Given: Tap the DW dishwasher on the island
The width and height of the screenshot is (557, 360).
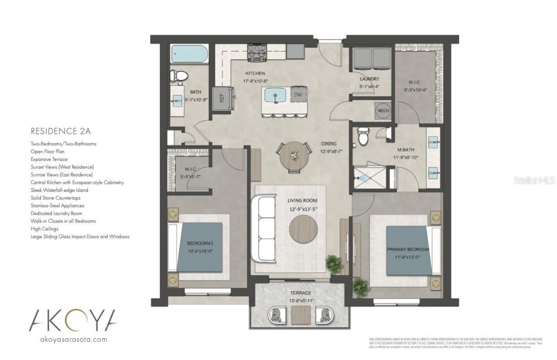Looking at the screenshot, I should point(297,95).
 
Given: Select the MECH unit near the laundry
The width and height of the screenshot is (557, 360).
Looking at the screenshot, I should point(383,111).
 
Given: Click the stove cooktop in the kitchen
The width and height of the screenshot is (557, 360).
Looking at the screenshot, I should point(257,53).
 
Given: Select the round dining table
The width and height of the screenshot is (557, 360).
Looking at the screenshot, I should point(294,156).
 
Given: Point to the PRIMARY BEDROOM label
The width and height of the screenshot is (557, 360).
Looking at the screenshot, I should point(408,250).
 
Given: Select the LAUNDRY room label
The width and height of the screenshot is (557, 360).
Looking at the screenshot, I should point(369,79).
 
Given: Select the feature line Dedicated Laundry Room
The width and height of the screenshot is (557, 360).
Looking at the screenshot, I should point(56,213).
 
